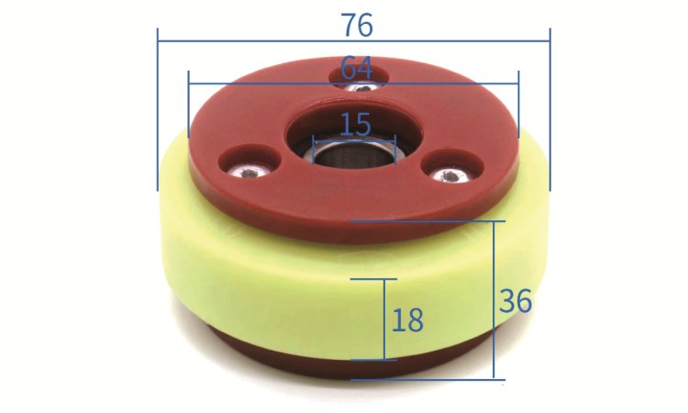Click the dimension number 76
point(358,25)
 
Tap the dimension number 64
point(357,68)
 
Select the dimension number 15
point(355,124)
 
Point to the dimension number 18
point(407,319)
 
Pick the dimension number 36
point(516,301)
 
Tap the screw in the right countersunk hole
point(449,176)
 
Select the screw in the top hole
point(361,88)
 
